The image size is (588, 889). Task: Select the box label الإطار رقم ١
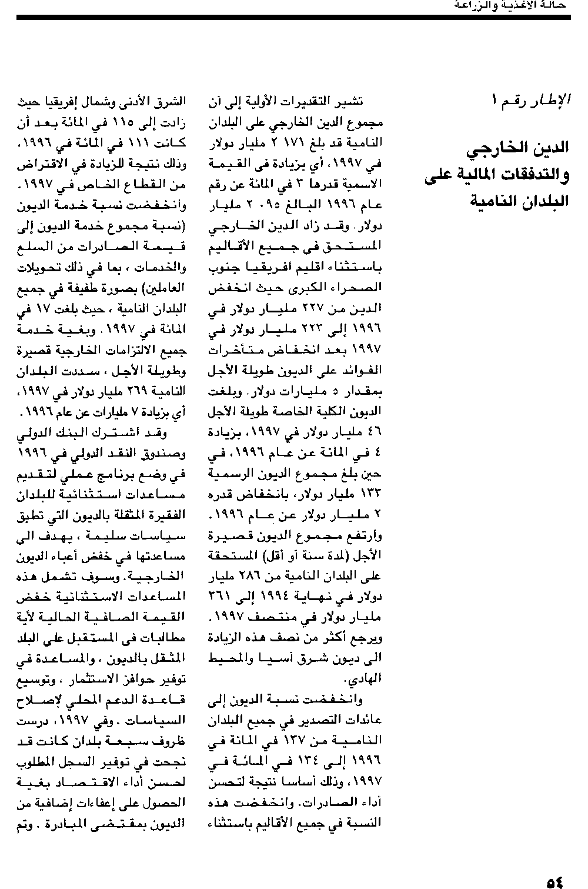[532, 99]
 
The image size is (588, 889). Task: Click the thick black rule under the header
[294, 18]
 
